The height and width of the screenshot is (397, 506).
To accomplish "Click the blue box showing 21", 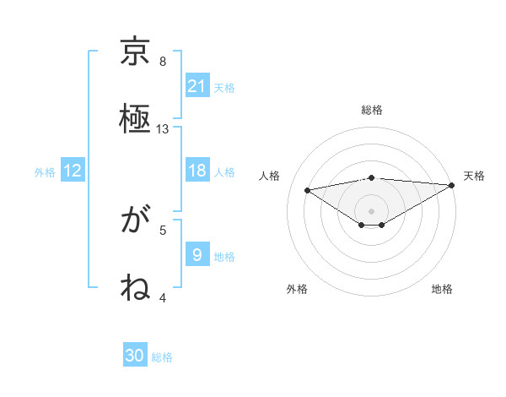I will (197, 86).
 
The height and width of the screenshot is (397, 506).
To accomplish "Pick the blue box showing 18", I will (197, 171).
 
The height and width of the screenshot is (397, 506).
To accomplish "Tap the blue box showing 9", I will (197, 255).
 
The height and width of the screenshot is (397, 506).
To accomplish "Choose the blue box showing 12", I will (73, 171).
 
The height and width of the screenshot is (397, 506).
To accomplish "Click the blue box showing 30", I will (135, 356).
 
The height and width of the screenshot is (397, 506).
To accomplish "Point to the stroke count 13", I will (163, 129).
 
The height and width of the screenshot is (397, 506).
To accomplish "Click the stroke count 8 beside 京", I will (163, 62).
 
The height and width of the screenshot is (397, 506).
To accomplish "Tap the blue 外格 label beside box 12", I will (45, 171).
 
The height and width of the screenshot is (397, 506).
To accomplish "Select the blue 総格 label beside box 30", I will (162, 356).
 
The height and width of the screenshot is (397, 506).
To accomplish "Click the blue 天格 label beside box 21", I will (223, 87).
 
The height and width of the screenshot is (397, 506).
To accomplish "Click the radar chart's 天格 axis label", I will (474, 176).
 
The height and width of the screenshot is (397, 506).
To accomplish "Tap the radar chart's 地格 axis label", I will (442, 289).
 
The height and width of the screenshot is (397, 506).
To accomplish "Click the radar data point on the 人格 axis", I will (307, 189).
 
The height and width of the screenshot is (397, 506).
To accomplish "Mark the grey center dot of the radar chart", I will (372, 210).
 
